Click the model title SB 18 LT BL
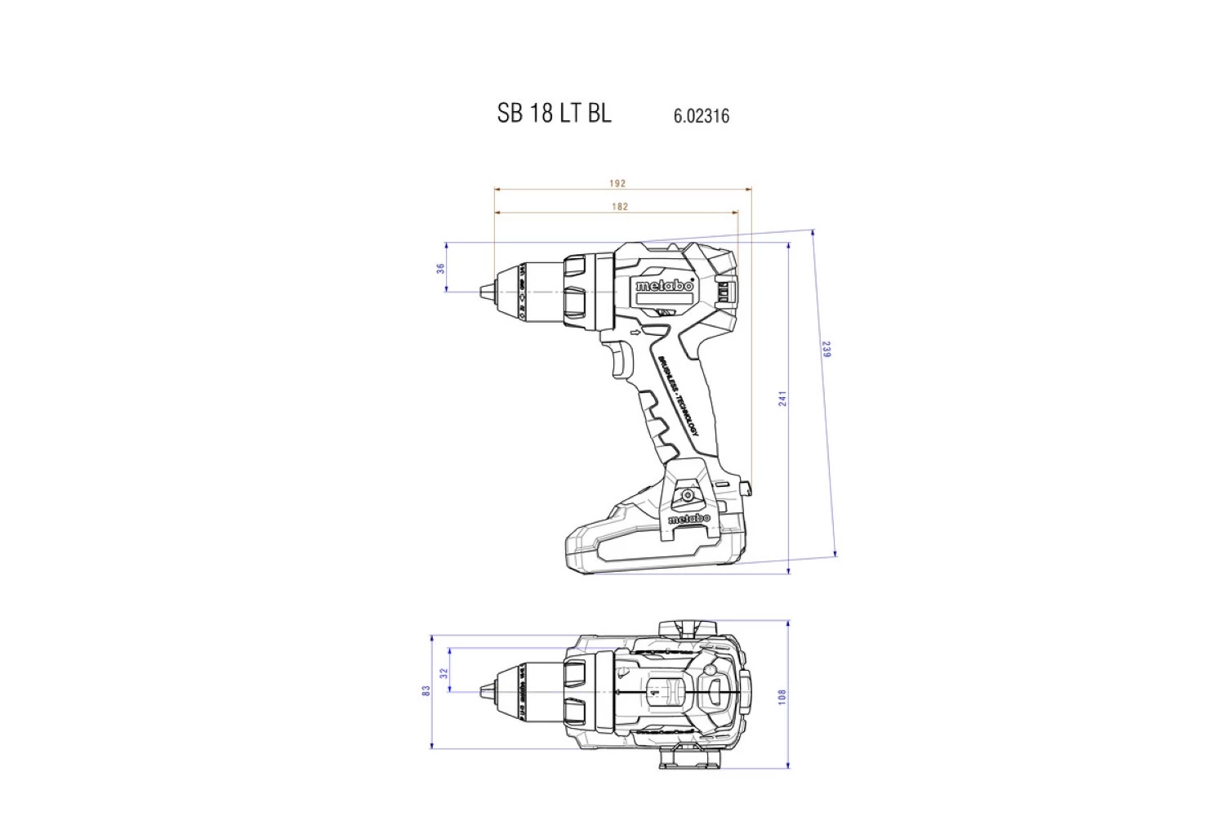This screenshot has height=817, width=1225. pos(554,113)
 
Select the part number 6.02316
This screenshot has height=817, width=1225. pos(701,116)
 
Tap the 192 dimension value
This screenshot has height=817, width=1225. pos(618,183)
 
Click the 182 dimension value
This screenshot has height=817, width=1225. pos(620,207)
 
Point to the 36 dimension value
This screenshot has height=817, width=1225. pos(441,267)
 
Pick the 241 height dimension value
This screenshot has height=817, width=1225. pos(782,399)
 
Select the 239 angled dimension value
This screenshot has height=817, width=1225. pos(826,350)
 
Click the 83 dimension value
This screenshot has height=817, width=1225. pos(426,690)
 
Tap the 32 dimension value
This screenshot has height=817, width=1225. pos(444,673)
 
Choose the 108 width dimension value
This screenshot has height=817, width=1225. pos(782,697)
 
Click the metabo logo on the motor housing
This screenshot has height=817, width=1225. pos(664,286)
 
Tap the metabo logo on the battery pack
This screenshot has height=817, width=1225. pos(689,519)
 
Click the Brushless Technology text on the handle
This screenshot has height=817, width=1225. pos(679,396)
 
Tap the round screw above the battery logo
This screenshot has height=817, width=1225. pos(688,495)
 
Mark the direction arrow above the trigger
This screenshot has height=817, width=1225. pos(637,332)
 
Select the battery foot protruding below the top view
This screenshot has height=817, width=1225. pos(690,760)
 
